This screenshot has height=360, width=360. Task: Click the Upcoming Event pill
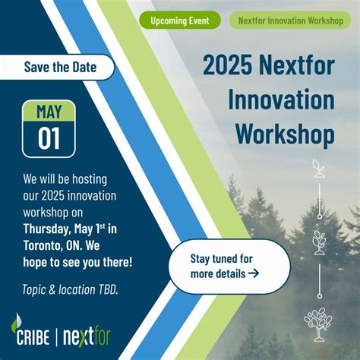tap(180, 21)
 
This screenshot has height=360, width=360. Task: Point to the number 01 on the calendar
tap(48, 138)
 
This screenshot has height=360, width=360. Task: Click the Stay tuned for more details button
tap(229, 266)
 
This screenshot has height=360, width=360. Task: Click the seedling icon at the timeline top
tap(319, 168)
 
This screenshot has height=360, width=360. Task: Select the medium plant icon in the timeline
tap(319, 241)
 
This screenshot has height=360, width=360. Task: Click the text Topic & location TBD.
tap(70, 289)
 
